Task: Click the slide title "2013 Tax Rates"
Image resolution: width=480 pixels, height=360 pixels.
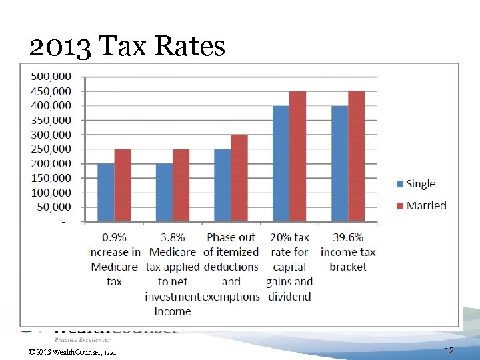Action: (x=127, y=47)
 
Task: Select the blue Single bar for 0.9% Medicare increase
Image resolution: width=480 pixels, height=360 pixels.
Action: (x=106, y=193)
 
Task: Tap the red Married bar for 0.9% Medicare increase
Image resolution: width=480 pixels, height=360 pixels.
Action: (x=123, y=185)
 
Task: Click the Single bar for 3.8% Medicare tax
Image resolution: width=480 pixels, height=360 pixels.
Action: (x=164, y=193)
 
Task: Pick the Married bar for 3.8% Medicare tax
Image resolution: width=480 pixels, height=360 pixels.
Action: (x=181, y=185)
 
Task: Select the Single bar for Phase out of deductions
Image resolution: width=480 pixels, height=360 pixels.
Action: (x=222, y=185)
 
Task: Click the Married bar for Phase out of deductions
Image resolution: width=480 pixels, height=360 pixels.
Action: (x=239, y=178)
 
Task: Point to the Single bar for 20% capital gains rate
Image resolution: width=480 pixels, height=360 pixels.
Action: (x=281, y=163)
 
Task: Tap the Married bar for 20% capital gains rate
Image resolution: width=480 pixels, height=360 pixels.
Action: (x=297, y=156)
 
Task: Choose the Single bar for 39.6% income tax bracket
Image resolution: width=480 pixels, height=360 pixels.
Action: (x=339, y=163)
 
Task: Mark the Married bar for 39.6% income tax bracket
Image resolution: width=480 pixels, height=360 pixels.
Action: (x=356, y=156)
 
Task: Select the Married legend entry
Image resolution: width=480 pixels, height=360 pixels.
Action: (x=421, y=205)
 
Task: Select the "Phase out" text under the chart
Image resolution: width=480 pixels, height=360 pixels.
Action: (x=231, y=237)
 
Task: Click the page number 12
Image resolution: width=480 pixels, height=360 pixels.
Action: (x=449, y=350)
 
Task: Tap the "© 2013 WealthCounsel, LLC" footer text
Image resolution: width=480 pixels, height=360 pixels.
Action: (x=73, y=351)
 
